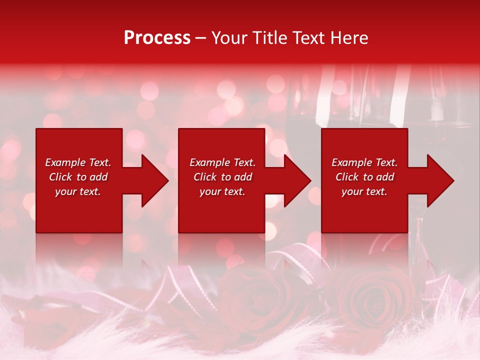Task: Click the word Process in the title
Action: (x=157, y=38)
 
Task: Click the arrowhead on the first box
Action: (x=153, y=180)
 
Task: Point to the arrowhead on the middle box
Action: (x=295, y=180)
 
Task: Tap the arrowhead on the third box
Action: (x=438, y=180)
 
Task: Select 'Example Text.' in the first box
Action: (x=78, y=162)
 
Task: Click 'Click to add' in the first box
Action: (x=78, y=177)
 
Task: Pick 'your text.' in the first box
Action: (x=78, y=191)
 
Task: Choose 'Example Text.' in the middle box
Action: (x=222, y=162)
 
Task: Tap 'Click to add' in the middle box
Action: (x=222, y=177)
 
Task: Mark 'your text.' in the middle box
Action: (x=222, y=191)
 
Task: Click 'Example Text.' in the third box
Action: (x=364, y=162)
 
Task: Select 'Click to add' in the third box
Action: (x=364, y=177)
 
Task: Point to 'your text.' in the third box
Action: (x=364, y=191)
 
